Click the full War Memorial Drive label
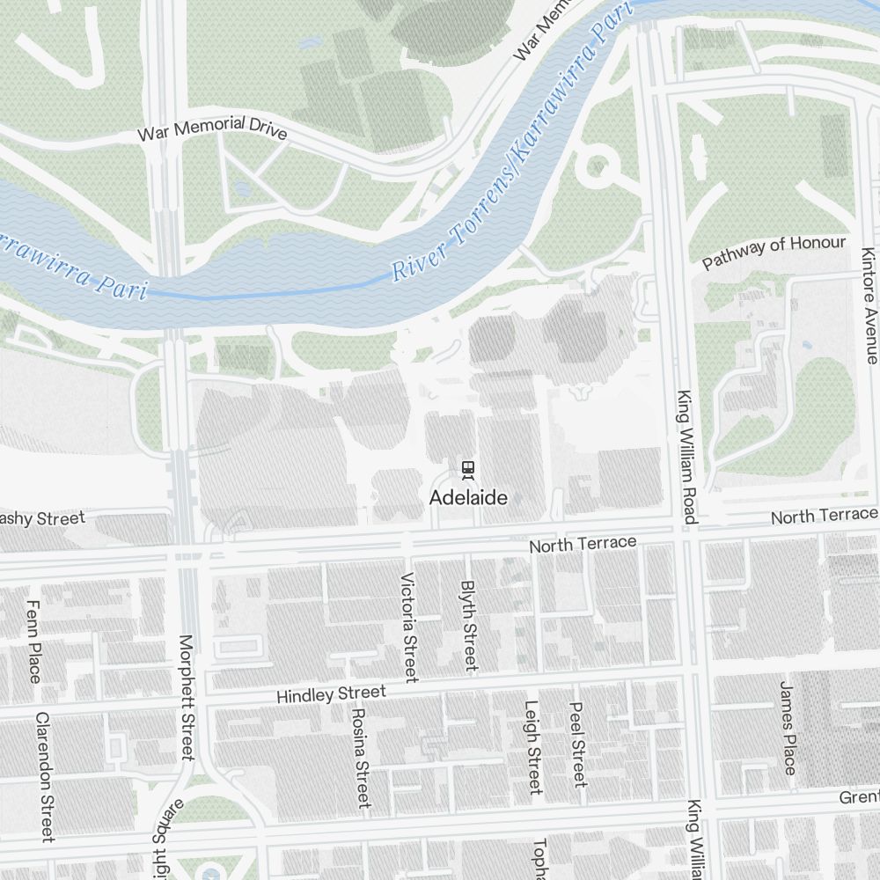(x=212, y=128)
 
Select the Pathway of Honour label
(x=774, y=252)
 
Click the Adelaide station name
(x=468, y=498)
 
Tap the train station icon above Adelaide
(x=469, y=469)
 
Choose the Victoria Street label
(x=408, y=627)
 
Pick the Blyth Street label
(x=468, y=624)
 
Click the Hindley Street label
(x=331, y=694)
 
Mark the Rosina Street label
(x=360, y=757)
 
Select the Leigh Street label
(x=532, y=746)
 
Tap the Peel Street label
(x=578, y=744)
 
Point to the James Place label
(x=788, y=728)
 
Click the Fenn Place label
(x=34, y=642)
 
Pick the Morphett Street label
(x=186, y=697)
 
